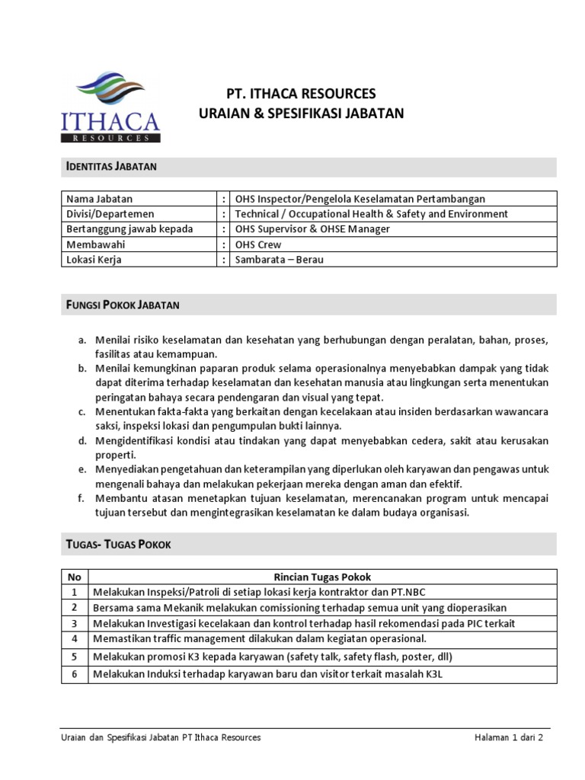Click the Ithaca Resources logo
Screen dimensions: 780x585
(110, 107)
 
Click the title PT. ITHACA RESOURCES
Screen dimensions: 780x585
(302, 94)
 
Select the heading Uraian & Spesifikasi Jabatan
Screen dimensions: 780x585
(301, 113)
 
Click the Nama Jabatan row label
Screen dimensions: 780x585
(99, 199)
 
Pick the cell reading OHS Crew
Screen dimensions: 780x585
(258, 245)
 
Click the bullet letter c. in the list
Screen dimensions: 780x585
(82, 412)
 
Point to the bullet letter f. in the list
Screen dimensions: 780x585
(82, 498)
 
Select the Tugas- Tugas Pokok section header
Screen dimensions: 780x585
(119, 544)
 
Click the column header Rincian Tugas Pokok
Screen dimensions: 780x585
(322, 577)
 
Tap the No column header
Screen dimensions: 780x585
(75, 577)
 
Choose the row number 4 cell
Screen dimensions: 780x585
(75, 638)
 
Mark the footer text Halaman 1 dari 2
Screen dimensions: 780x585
(509, 737)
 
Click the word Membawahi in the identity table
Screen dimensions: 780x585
(95, 245)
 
